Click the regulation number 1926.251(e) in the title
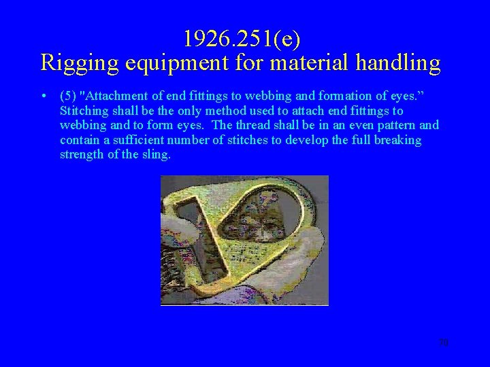242,39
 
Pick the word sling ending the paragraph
157,155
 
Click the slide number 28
444,343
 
